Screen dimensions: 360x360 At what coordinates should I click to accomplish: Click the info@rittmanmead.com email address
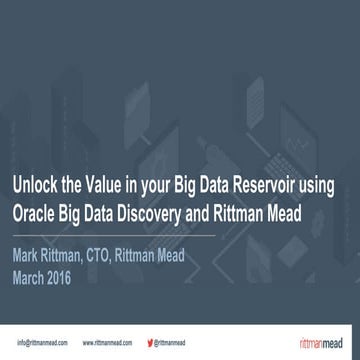click(42, 343)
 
